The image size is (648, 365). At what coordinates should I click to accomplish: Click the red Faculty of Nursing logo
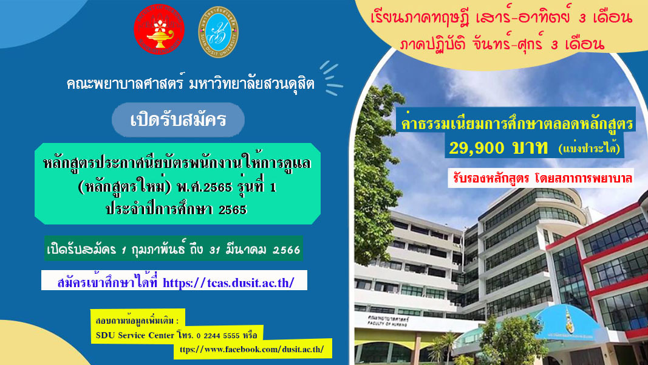tap(159, 29)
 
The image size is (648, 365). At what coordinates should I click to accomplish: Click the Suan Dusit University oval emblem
tap(218, 32)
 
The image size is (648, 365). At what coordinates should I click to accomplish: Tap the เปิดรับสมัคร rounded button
tap(178, 120)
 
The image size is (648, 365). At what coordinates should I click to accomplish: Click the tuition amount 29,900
tap(477, 148)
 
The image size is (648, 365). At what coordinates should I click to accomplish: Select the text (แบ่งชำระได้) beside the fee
tap(589, 148)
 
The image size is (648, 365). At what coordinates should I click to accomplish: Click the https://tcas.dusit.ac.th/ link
tap(228, 283)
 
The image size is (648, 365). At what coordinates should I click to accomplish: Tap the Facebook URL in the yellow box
tap(251, 349)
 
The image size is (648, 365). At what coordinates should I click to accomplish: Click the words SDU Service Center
tap(135, 335)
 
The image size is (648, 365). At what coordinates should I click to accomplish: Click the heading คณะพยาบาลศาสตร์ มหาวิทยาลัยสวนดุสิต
tap(191, 83)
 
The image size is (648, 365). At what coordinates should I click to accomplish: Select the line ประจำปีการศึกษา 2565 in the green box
tap(177, 209)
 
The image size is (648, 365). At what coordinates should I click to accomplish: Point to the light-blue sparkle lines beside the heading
tap(332, 78)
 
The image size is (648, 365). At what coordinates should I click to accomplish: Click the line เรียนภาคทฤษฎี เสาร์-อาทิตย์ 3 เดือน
tap(501, 18)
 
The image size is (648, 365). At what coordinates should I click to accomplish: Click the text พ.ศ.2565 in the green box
tap(205, 187)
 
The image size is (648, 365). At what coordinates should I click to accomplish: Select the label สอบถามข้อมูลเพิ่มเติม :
tap(137, 321)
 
